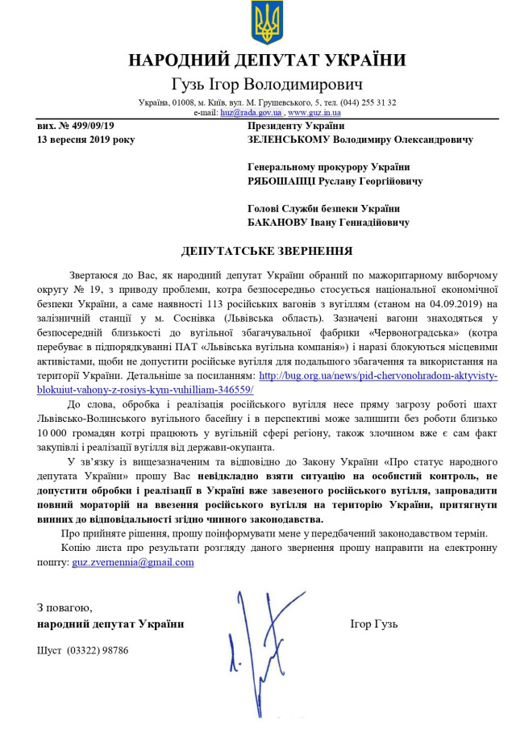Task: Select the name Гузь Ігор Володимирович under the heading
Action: [x=267, y=85]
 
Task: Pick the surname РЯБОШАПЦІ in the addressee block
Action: [x=287, y=181]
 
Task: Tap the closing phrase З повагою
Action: [x=64, y=607]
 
